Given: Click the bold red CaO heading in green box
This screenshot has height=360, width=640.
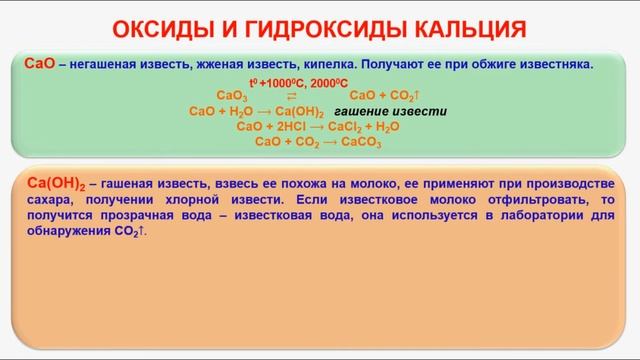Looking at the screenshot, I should pos(39,64).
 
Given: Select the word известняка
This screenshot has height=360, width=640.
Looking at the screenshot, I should pos(554,65).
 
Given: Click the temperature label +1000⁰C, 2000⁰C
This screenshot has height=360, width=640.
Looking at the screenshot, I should pos(299,83).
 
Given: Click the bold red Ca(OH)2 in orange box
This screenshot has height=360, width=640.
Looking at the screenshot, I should pos(54,183).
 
